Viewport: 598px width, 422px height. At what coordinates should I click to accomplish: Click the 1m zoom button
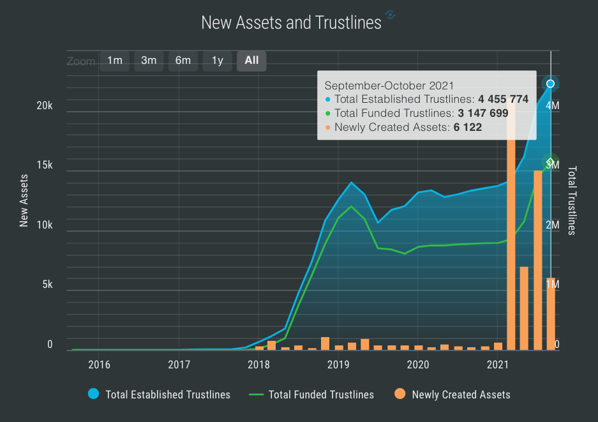pyautogui.click(x=115, y=61)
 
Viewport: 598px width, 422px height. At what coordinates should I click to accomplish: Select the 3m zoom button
pyautogui.click(x=149, y=61)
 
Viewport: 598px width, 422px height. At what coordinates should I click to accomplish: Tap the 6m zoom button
pyautogui.click(x=183, y=61)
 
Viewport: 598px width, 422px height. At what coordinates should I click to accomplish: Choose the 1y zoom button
pyautogui.click(x=218, y=61)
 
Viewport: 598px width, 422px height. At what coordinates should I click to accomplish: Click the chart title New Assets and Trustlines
pyautogui.click(x=291, y=22)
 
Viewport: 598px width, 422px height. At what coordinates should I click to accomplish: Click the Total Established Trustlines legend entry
pyautogui.click(x=168, y=395)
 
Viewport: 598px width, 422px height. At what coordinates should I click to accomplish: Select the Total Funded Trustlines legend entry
pyautogui.click(x=321, y=395)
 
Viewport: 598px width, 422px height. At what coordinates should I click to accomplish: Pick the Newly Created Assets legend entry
pyautogui.click(x=461, y=395)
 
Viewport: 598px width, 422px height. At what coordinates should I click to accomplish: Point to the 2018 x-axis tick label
pyautogui.click(x=258, y=365)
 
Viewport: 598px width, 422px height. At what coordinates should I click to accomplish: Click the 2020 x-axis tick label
pyautogui.click(x=417, y=365)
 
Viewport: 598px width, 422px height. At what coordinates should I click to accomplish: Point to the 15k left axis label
pyautogui.click(x=45, y=165)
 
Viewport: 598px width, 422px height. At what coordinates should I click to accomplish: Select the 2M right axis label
pyautogui.click(x=553, y=225)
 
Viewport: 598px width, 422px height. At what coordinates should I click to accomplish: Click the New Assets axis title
pyautogui.click(x=24, y=200)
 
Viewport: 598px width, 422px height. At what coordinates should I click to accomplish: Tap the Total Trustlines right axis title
pyautogui.click(x=572, y=200)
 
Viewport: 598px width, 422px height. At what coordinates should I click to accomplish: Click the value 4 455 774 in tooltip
pyautogui.click(x=503, y=99)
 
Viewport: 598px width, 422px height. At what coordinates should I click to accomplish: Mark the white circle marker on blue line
pyautogui.click(x=550, y=84)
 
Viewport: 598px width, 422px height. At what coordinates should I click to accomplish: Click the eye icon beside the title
pyautogui.click(x=391, y=15)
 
